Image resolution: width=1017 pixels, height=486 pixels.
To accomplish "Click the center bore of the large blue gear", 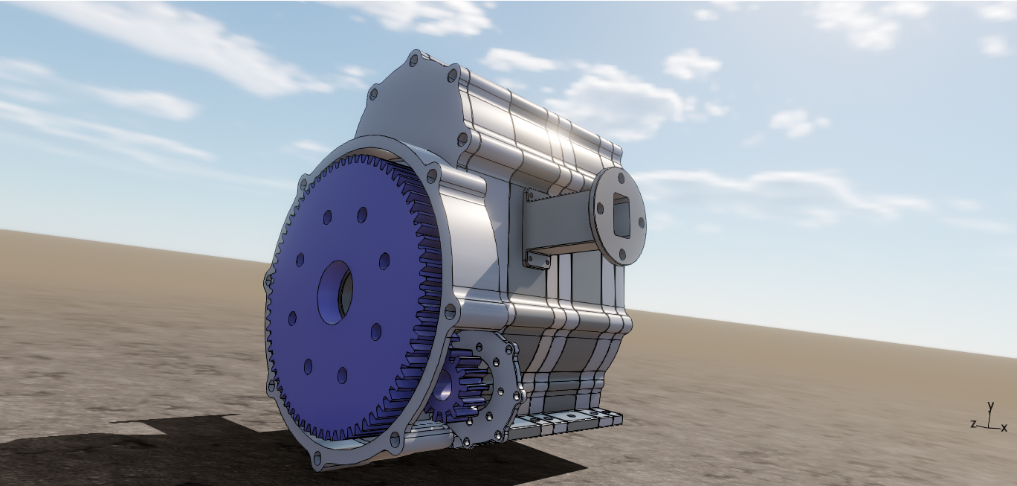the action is (x=335, y=292).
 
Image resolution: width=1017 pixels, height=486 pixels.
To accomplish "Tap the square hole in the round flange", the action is (x=621, y=215).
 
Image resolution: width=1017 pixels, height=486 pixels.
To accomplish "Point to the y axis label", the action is (x=991, y=406).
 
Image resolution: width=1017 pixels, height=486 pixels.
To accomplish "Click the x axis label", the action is (x=1004, y=428).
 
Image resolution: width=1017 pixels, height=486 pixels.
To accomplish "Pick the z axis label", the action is (x=973, y=424).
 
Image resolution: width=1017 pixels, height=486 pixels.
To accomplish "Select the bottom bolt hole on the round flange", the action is (x=623, y=256).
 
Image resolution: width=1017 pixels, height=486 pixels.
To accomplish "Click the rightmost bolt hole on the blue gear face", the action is (x=384, y=261).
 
